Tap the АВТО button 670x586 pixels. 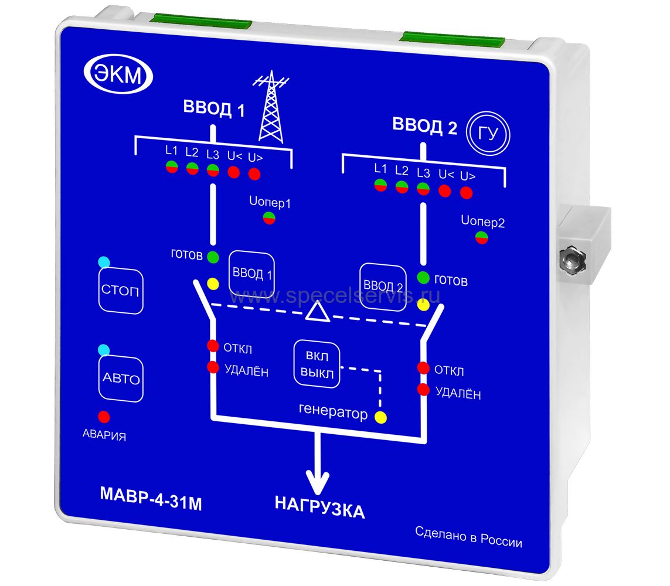(x=121, y=379)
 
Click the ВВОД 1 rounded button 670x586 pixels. (x=251, y=274)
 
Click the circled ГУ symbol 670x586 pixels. (x=488, y=134)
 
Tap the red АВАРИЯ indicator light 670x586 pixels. (x=104, y=417)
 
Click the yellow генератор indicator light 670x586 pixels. (x=381, y=417)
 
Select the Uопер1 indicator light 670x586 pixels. (x=269, y=218)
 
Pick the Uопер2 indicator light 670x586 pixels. (x=482, y=237)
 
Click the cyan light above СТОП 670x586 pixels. (x=104, y=261)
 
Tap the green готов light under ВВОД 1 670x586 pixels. (x=213, y=256)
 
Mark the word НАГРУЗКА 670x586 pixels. (x=319, y=510)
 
